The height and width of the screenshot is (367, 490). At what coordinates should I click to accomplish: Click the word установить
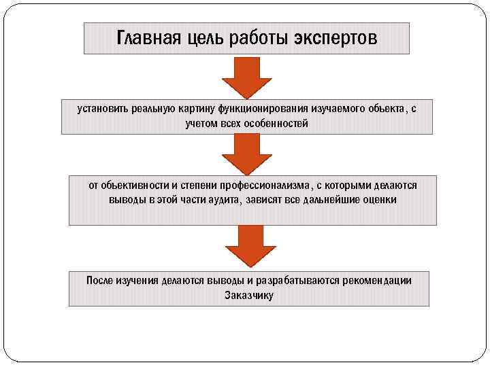pyautogui.click(x=100, y=108)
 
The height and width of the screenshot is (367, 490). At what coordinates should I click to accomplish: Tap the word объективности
pyautogui.click(x=129, y=185)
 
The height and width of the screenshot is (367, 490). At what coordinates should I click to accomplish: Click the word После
pyautogui.click(x=100, y=280)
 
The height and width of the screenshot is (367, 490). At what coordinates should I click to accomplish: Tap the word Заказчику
pyautogui.click(x=248, y=296)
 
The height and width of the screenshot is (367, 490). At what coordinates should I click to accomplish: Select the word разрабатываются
pyautogui.click(x=300, y=280)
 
